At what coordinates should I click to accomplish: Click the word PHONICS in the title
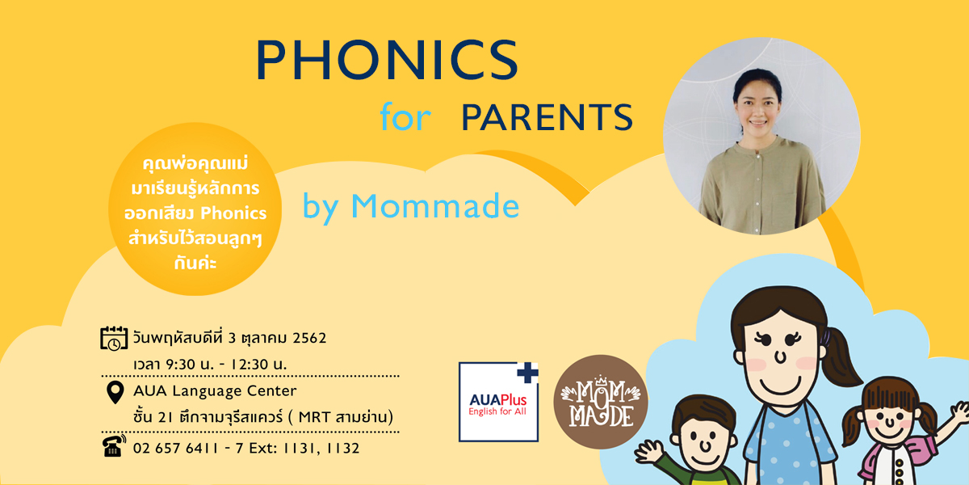[387, 60]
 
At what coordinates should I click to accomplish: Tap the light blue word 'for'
[405, 116]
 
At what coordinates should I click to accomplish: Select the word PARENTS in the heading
[547, 117]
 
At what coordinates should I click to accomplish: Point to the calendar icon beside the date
[114, 338]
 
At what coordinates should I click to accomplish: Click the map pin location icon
[115, 392]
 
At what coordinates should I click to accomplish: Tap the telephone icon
[114, 445]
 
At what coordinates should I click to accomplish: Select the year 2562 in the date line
[309, 338]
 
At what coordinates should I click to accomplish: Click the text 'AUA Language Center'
[215, 391]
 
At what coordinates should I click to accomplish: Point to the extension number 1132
[342, 448]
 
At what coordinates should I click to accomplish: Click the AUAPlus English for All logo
[498, 402]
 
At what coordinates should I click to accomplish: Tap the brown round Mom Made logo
[601, 402]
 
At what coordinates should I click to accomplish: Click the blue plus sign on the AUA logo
[528, 373]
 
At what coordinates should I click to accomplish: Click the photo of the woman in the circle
[761, 136]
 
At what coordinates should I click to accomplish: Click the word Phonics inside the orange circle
[233, 213]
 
